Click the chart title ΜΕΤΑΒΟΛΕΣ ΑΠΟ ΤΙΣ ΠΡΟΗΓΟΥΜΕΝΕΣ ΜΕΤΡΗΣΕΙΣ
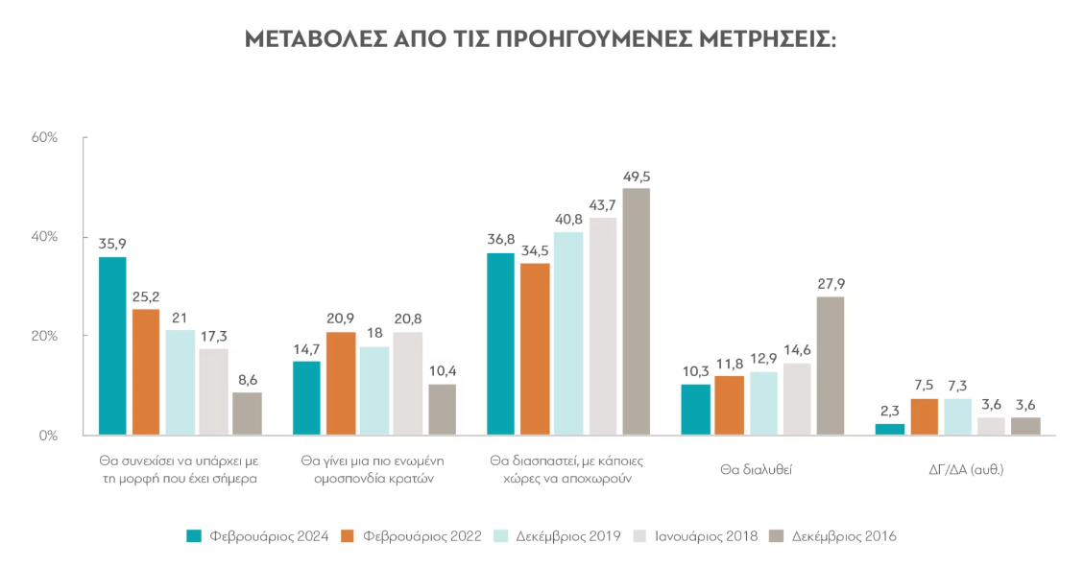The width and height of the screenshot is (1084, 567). [x=541, y=39]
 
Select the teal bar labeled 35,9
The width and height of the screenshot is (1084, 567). [x=112, y=345]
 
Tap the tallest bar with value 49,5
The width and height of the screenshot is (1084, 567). [x=637, y=311]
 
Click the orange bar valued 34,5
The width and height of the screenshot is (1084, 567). [x=535, y=348]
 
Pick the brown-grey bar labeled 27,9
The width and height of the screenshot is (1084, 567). [x=831, y=366]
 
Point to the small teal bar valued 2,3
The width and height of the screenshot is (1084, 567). [x=890, y=429]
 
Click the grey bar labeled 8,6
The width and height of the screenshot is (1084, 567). [x=247, y=413]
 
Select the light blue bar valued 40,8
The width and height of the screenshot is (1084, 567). [x=569, y=333]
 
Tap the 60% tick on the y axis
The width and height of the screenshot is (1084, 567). [x=45, y=137]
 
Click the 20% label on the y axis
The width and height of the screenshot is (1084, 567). [x=45, y=336]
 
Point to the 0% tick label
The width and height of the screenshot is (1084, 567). [x=48, y=436]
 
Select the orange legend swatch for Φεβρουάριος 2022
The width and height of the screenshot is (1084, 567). [x=350, y=536]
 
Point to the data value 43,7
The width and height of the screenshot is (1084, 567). [x=603, y=204]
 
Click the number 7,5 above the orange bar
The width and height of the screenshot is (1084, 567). [x=924, y=385]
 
